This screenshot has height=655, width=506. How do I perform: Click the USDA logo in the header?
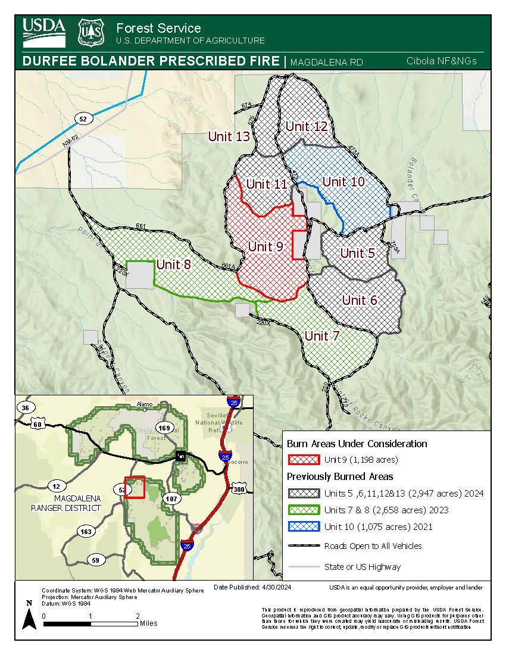[44, 33]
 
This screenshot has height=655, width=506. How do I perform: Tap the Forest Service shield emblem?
[92, 33]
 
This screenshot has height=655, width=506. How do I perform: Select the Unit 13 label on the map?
[229, 137]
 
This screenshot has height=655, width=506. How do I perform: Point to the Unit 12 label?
[307, 126]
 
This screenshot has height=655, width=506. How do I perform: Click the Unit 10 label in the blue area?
[343, 182]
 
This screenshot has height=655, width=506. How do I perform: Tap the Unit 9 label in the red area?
[266, 246]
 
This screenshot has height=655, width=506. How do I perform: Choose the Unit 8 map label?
[173, 264]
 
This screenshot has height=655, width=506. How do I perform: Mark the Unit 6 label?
[360, 300]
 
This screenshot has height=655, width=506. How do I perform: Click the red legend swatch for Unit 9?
[304, 460]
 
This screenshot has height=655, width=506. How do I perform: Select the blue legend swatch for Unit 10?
[304, 527]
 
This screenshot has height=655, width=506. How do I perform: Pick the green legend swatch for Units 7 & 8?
[304, 510]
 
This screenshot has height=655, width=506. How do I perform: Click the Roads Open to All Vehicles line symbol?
[304, 546]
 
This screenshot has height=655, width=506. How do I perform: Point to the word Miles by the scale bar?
[149, 623]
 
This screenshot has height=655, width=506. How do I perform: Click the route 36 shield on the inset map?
[24, 408]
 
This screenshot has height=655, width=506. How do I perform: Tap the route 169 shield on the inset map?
[164, 428]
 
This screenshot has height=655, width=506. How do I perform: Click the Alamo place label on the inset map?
[145, 403]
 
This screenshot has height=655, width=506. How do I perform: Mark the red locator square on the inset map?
[135, 487]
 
